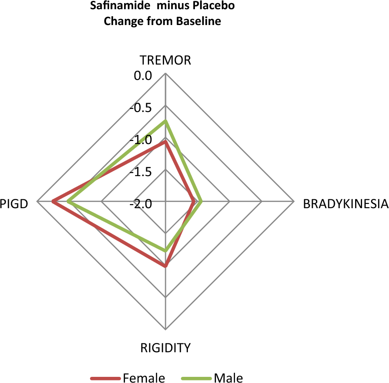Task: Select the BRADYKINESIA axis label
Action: (x=345, y=204)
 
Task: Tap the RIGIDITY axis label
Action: (x=165, y=348)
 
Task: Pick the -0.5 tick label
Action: (x=141, y=108)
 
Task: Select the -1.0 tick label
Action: (x=141, y=140)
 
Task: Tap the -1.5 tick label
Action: (x=141, y=172)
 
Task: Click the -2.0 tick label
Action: (x=141, y=204)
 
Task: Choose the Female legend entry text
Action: (x=144, y=378)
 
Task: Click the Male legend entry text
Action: (x=228, y=378)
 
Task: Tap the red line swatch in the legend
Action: (x=106, y=378)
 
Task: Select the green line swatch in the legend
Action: (x=197, y=378)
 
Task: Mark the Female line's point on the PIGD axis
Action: (x=53, y=202)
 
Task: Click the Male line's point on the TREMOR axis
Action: (x=165, y=121)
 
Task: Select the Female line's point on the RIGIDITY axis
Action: (x=165, y=266)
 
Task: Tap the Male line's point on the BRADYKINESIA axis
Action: (x=201, y=202)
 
